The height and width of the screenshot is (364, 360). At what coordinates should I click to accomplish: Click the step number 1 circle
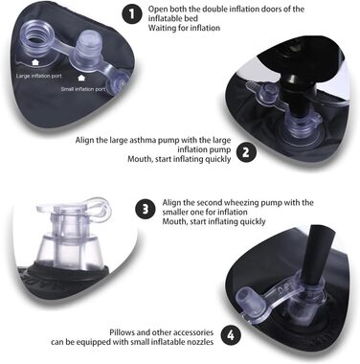click(132, 14)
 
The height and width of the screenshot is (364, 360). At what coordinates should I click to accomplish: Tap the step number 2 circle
click(245, 152)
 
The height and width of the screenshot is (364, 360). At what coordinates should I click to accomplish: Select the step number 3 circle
click(146, 210)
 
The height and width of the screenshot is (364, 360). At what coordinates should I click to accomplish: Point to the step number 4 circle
click(231, 335)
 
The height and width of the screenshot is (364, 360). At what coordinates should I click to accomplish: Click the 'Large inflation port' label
click(39, 76)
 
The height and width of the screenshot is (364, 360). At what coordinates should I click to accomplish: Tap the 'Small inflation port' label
click(83, 89)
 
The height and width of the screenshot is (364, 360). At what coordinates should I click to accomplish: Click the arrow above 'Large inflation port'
click(35, 62)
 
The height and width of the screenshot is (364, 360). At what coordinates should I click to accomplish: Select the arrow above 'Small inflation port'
click(81, 78)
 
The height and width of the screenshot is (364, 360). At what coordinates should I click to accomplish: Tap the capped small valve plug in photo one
click(85, 47)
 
